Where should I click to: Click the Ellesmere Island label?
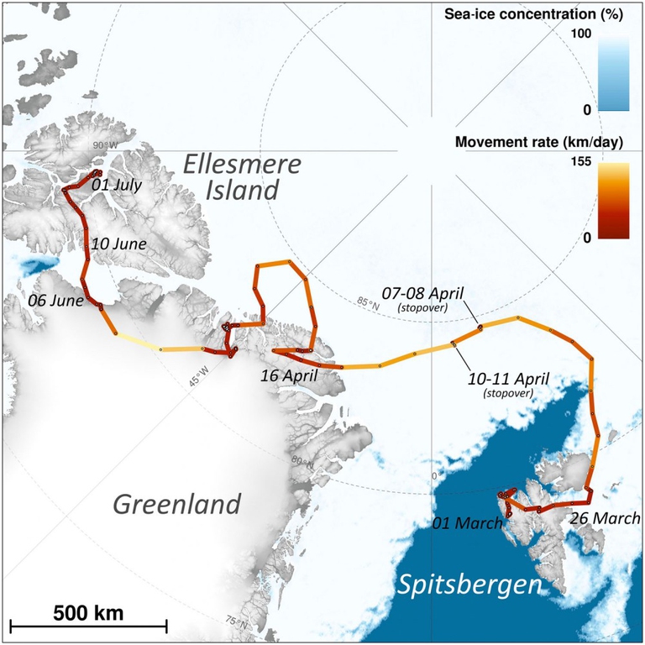pos(242,177)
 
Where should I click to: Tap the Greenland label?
pos(177,505)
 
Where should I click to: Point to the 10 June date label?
pos(118,244)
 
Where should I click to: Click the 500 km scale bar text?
pos(88,612)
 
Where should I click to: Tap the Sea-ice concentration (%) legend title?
pos(547,15)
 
